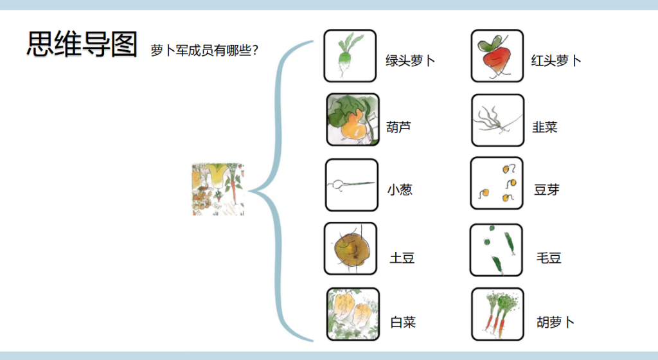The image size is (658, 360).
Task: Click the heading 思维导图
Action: pyautogui.click(x=82, y=44)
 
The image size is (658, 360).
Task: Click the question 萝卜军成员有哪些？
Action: pyautogui.click(x=204, y=50)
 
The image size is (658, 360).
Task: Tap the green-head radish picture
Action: pyautogui.click(x=350, y=56)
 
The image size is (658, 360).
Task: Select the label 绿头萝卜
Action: pyautogui.click(x=410, y=61)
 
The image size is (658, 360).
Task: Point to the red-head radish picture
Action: pyautogui.click(x=497, y=56)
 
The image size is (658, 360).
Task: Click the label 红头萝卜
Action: pyautogui.click(x=556, y=61)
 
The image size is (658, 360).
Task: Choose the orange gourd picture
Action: pyautogui.click(x=352, y=120)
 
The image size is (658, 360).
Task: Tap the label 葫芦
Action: pyautogui.click(x=398, y=127)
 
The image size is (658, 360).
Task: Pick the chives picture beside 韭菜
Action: pyautogui.click(x=497, y=120)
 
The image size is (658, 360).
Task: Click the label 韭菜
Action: pyautogui.click(x=544, y=127)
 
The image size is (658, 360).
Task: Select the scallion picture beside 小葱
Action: pyautogui.click(x=351, y=185)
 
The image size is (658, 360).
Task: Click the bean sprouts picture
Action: pyautogui.click(x=497, y=183)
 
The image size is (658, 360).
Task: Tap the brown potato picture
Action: pyautogui.click(x=350, y=249)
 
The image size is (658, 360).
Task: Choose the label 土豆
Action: pyautogui.click(x=402, y=258)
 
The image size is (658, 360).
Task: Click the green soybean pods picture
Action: pyautogui.click(x=496, y=250)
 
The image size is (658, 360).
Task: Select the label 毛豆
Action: pyautogui.click(x=549, y=258)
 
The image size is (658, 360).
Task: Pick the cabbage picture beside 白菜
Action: pyautogui.click(x=352, y=313)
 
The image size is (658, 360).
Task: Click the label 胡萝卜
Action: pyautogui.click(x=555, y=322)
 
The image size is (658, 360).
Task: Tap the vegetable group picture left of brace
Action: pyautogui.click(x=218, y=190)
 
